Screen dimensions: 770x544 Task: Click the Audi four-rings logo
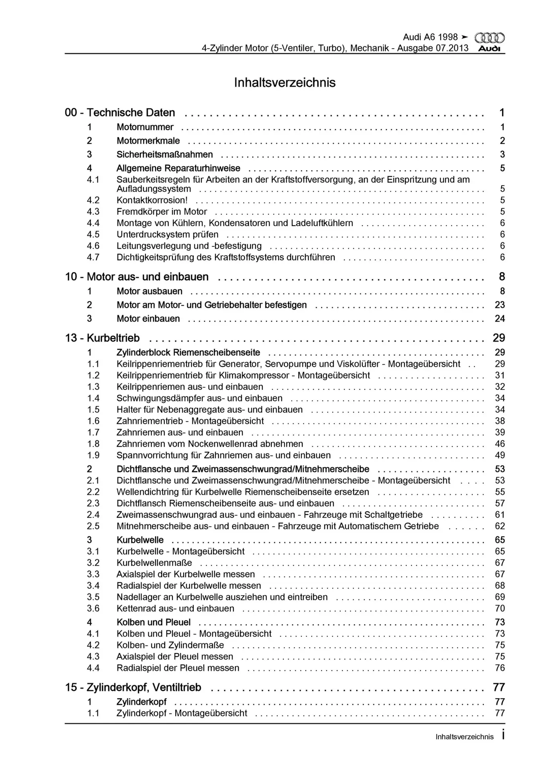[x=489, y=38]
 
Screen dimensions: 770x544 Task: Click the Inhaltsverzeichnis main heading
[x=285, y=83]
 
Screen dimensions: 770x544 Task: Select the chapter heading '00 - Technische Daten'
[x=120, y=113]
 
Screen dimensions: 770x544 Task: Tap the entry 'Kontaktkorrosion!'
[x=152, y=200]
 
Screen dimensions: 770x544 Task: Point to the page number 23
[x=500, y=305]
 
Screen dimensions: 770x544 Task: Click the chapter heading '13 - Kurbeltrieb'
[x=102, y=338]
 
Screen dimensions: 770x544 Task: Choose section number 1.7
[x=93, y=432]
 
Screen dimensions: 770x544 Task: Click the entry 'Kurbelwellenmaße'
[x=154, y=563]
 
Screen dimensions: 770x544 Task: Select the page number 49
[x=500, y=455]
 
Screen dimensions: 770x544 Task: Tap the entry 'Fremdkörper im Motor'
[x=162, y=211]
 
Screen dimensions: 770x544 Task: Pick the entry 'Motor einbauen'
[x=148, y=319]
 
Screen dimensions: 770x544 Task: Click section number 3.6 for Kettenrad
[x=93, y=608]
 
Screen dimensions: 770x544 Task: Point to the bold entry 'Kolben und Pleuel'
[x=154, y=622]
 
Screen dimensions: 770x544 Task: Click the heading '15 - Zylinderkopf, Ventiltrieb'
[x=133, y=687]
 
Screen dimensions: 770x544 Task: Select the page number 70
[x=500, y=608]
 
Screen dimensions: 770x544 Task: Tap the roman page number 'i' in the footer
[x=503, y=736]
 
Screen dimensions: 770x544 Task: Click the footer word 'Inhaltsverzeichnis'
[x=464, y=737]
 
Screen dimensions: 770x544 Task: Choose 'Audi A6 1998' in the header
[x=430, y=37]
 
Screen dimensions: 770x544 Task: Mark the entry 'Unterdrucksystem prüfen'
[x=167, y=234]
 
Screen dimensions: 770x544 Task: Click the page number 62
[x=500, y=526]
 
